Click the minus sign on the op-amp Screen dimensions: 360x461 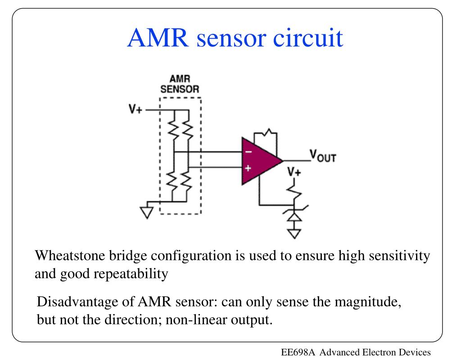pos(248,152)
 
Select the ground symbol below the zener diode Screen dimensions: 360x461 pos(294,233)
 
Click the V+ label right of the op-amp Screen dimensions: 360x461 pos(295,172)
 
